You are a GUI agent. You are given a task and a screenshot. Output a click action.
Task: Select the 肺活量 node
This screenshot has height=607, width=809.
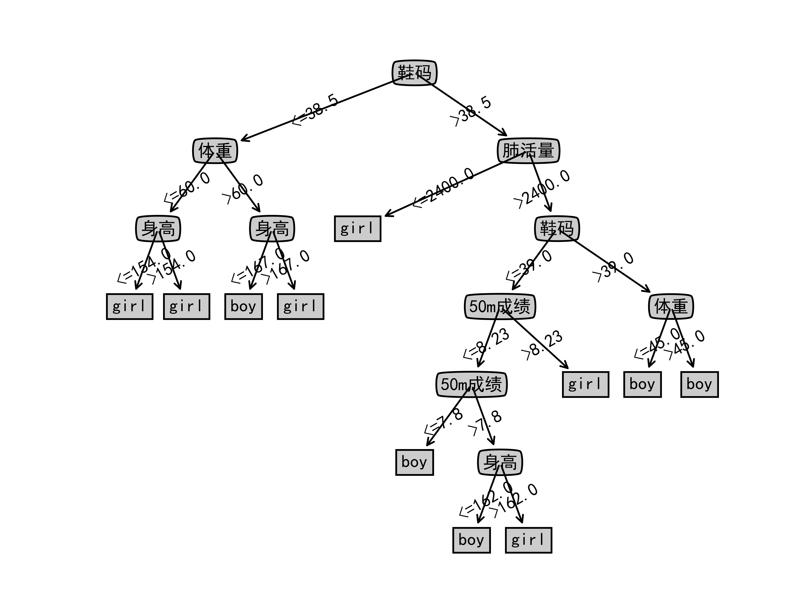528,150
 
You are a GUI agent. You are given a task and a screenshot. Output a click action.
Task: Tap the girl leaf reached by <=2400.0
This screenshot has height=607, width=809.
357,229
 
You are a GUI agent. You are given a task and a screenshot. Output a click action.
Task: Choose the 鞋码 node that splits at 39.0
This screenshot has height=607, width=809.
557,229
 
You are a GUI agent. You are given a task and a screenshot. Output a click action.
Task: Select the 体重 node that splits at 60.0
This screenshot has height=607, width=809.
215,150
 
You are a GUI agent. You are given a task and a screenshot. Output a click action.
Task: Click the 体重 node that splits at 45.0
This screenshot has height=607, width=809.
671,306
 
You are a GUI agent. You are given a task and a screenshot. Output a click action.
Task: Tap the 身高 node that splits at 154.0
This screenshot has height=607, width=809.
158,229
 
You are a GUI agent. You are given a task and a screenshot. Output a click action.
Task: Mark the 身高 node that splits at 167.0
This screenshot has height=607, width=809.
272,229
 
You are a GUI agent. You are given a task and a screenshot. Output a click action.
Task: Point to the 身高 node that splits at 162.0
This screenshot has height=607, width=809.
500,462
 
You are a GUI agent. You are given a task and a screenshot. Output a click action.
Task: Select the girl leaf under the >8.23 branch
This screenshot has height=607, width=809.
585,384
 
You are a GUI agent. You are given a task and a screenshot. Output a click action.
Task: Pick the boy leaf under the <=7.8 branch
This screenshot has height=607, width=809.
414,462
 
